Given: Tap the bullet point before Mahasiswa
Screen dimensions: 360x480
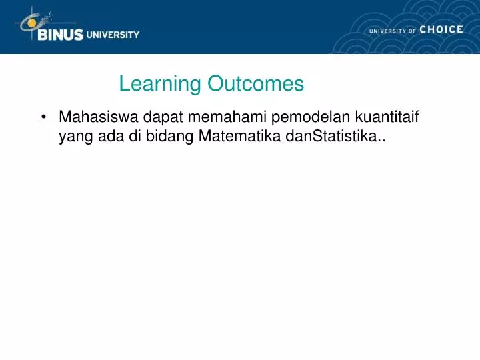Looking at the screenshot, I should click(43, 118).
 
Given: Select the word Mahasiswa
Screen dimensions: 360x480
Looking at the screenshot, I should click(98, 118).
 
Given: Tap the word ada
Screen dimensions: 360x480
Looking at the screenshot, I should click(109, 138).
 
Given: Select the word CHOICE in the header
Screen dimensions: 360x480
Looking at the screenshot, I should click(441, 30).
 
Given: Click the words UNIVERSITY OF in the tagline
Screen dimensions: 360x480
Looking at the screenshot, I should click(392, 31).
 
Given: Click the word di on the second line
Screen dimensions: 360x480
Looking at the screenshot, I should click(130, 138).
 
